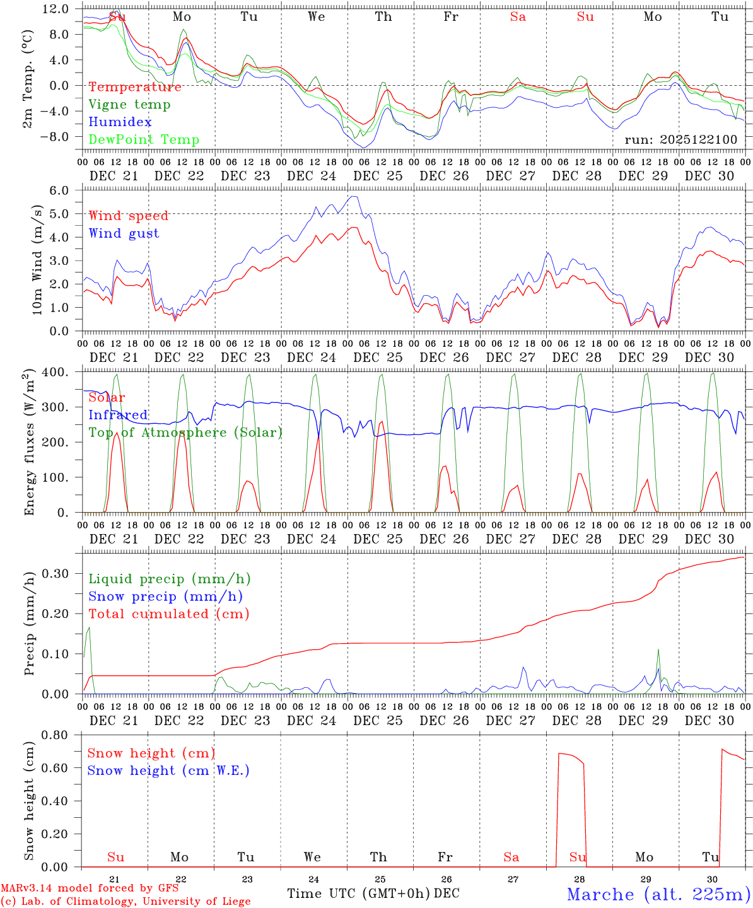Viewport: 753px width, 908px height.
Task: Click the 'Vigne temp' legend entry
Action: coord(129,105)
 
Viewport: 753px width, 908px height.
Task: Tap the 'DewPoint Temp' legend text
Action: coord(144,140)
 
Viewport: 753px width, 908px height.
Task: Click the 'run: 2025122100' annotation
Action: coord(680,139)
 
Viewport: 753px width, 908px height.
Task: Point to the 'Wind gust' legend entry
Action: coord(124,233)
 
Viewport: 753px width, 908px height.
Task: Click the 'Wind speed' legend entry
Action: coord(129,216)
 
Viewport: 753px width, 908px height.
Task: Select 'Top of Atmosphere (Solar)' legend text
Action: coord(185,433)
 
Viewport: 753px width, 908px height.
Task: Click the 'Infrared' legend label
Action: coord(118,415)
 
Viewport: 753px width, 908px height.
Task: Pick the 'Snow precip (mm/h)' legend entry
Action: coord(165,597)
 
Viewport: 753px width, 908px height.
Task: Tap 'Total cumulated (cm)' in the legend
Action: coord(169,614)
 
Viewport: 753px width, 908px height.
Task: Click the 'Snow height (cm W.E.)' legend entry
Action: coord(168,771)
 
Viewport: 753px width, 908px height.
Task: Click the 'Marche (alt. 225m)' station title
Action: coord(658,894)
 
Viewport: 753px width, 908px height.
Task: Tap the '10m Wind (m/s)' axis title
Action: coord(38,259)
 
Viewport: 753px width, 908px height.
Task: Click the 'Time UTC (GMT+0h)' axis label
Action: coord(358,893)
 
